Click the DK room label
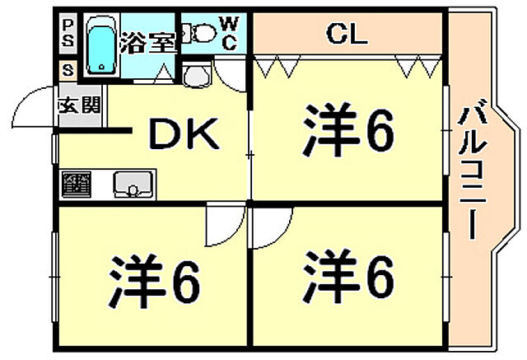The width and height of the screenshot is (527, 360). [183, 134]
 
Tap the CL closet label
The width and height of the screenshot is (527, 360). [347, 34]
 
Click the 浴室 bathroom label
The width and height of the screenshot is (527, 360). [147, 43]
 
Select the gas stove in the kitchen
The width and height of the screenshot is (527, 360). [75, 183]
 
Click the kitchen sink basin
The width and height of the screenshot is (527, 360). [131, 184]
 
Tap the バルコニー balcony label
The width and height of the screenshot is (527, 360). [472, 172]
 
